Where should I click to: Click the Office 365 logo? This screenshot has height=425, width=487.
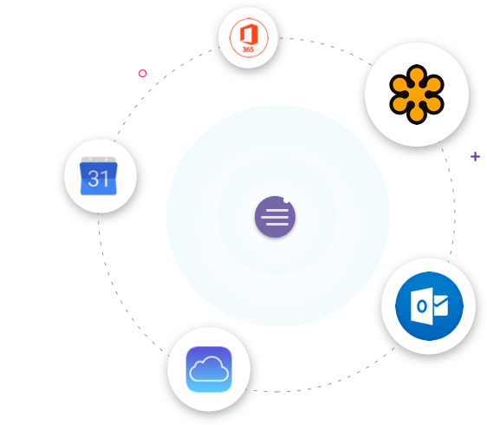pos(249,37)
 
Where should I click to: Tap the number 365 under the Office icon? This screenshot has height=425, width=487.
pos(248,49)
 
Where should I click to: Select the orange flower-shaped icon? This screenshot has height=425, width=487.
pos(417,95)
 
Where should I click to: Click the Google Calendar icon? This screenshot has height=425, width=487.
pos(99,176)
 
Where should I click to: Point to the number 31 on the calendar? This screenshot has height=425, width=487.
pos(98,179)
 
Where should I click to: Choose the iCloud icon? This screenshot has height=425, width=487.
pos(209,369)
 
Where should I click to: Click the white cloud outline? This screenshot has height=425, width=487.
pos(209,369)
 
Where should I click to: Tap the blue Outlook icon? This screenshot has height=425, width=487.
pos(429,306)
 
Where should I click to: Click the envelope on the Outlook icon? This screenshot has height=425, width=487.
pos(440,305)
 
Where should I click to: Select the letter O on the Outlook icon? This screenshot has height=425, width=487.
pos(422,306)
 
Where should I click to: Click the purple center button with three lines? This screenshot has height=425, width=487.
pos(275,217)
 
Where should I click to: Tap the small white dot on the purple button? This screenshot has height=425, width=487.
pos(286,199)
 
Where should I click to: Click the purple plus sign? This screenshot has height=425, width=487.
pos(475,156)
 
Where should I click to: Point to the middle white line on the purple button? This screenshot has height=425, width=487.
pos(275,217)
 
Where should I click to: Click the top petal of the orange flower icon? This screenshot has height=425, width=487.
pos(417,75)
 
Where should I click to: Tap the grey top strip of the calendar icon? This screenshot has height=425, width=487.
pos(99,160)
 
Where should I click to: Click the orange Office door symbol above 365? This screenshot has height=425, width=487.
pos(249,34)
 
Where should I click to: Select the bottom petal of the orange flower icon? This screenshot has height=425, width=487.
pos(417,114)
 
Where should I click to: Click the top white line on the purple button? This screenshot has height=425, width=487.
pos(277,210)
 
